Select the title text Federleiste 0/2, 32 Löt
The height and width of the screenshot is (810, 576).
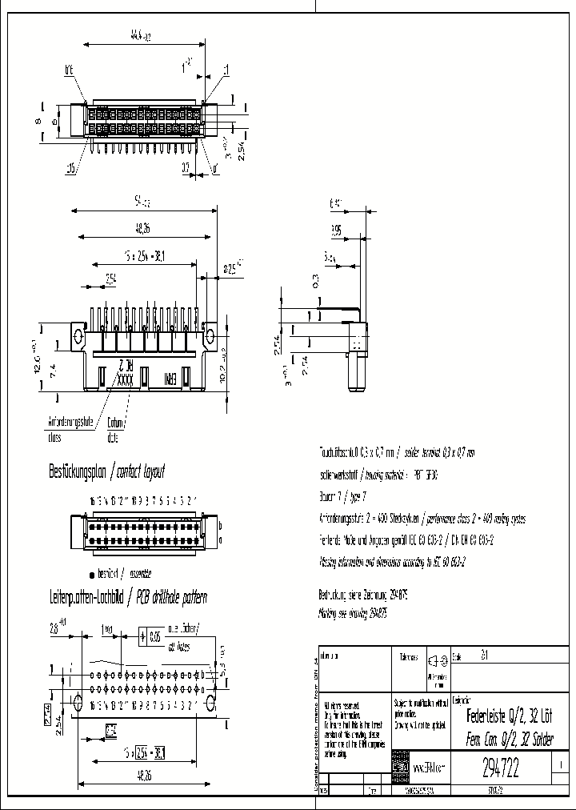[x=509, y=715]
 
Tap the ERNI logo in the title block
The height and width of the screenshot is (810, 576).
[x=400, y=768]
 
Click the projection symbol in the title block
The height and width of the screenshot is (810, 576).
[x=435, y=660]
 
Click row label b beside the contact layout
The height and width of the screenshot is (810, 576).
[x=220, y=525]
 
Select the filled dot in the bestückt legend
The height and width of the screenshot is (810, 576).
[x=93, y=574]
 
